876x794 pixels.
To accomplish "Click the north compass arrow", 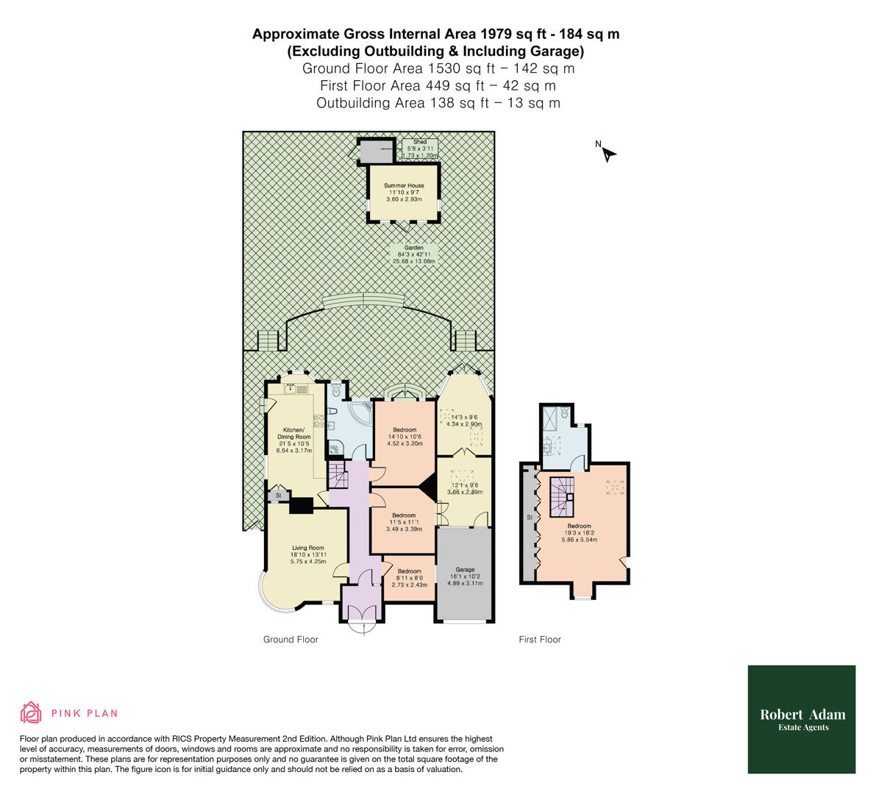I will [608, 154].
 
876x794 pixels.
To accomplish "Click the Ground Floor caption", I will [291, 640].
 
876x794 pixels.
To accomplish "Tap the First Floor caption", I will [539, 640].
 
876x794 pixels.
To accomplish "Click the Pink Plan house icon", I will [31, 712].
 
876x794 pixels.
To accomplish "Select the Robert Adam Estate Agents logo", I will [802, 719].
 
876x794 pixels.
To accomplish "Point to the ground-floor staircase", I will [337, 476].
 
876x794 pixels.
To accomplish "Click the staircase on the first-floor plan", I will [563, 496].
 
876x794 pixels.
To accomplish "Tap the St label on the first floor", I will [529, 518].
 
